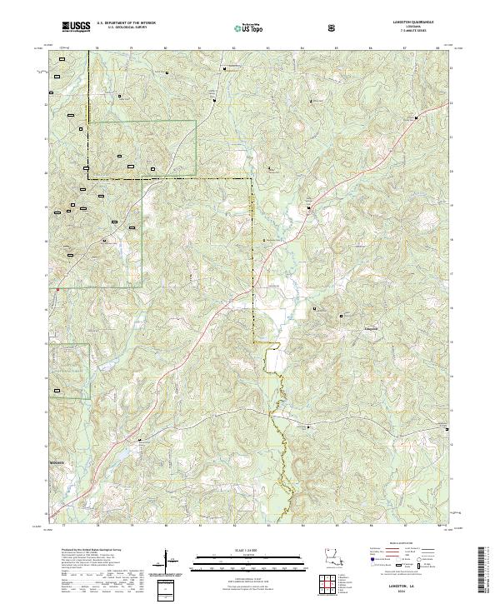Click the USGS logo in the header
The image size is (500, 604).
point(75,27)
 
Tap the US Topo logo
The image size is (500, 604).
point(249,27)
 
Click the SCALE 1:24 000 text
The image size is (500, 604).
point(249,549)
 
